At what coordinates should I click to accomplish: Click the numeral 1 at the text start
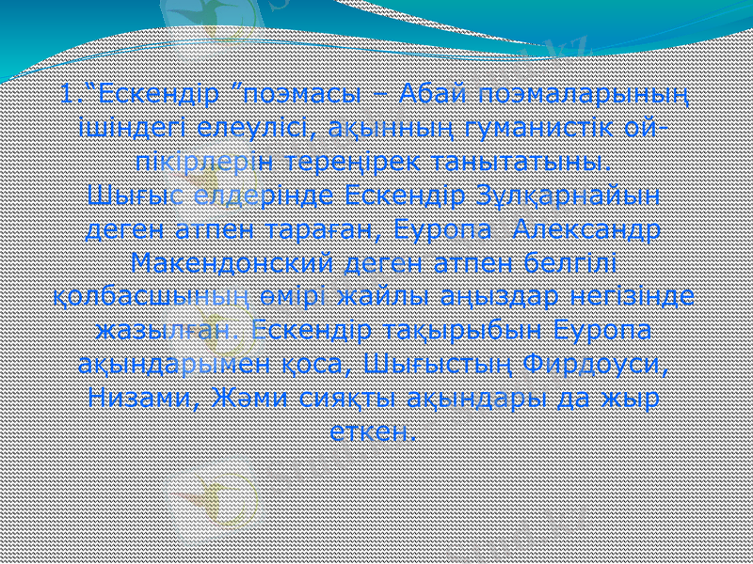[62, 95]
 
